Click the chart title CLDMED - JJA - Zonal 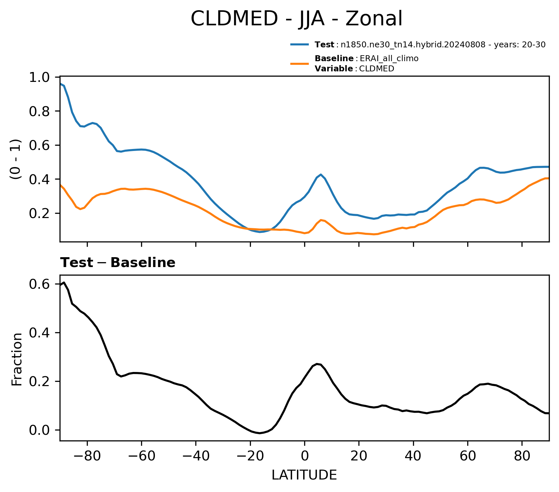point(296,19)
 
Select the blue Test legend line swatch point(300,44)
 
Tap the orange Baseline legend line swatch point(300,63)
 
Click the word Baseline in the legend point(334,59)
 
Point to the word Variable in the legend point(334,69)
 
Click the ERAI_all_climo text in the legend point(389,59)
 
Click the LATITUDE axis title point(304,475)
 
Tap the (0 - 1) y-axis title point(16,159)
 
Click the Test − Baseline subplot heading point(118,263)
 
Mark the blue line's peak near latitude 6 point(321,174)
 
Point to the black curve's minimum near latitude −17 point(259,433)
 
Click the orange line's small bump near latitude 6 point(321,220)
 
